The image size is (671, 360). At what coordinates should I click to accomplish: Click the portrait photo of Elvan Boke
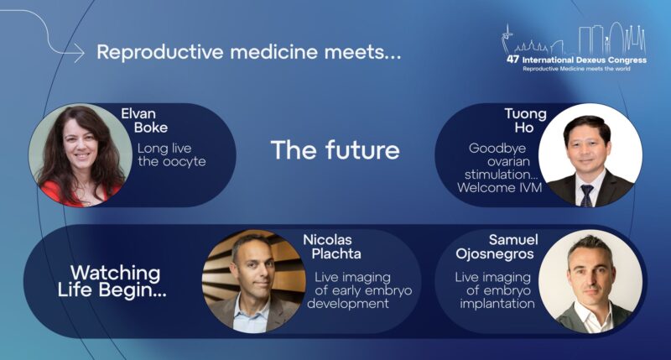click(x=81, y=155)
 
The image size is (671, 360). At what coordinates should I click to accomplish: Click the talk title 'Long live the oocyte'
click(x=172, y=155)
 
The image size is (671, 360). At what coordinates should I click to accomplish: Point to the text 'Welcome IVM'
click(x=500, y=188)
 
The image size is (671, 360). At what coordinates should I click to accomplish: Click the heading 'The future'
click(x=335, y=151)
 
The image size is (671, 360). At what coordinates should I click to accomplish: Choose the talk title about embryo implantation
click(x=497, y=290)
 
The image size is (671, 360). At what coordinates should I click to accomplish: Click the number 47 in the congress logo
click(x=513, y=60)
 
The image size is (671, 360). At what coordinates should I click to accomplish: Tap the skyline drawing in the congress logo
click(x=579, y=40)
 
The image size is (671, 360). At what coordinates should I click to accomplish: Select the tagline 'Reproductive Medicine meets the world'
click(x=577, y=69)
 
